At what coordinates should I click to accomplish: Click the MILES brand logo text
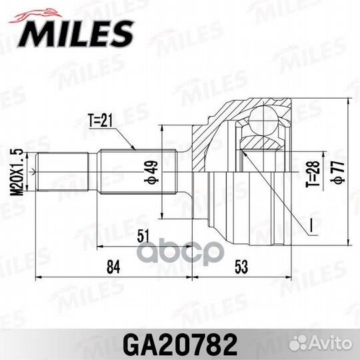click(76, 33)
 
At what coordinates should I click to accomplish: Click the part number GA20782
click(180, 345)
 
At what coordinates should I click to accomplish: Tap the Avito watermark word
click(331, 343)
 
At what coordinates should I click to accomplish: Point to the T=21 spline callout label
click(101, 120)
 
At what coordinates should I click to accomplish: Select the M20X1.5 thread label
click(17, 172)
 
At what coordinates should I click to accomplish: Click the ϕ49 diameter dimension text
click(151, 172)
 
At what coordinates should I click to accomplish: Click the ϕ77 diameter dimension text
click(337, 172)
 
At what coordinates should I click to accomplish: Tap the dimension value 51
click(143, 235)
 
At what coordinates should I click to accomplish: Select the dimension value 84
click(113, 267)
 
